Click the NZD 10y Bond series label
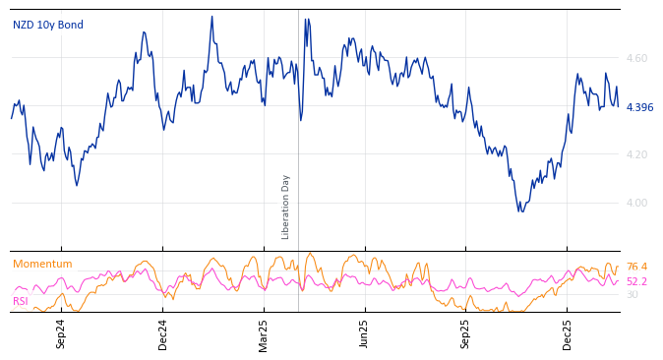point(48,25)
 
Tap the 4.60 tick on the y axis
point(636,59)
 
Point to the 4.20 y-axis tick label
point(636,154)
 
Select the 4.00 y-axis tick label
point(636,203)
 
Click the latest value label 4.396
point(639,107)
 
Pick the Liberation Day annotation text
point(286,207)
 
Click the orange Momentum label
point(42,264)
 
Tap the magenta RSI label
point(21,301)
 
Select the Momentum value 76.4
point(636,267)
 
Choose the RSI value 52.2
point(636,281)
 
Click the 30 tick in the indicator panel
point(632,294)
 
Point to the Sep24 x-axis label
point(61,333)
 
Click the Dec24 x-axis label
point(163,333)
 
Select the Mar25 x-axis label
point(264,333)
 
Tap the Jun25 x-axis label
point(365,333)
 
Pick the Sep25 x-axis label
point(465,333)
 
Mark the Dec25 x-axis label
point(567,333)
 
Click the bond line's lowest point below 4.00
point(521,210)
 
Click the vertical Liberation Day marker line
point(298,148)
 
